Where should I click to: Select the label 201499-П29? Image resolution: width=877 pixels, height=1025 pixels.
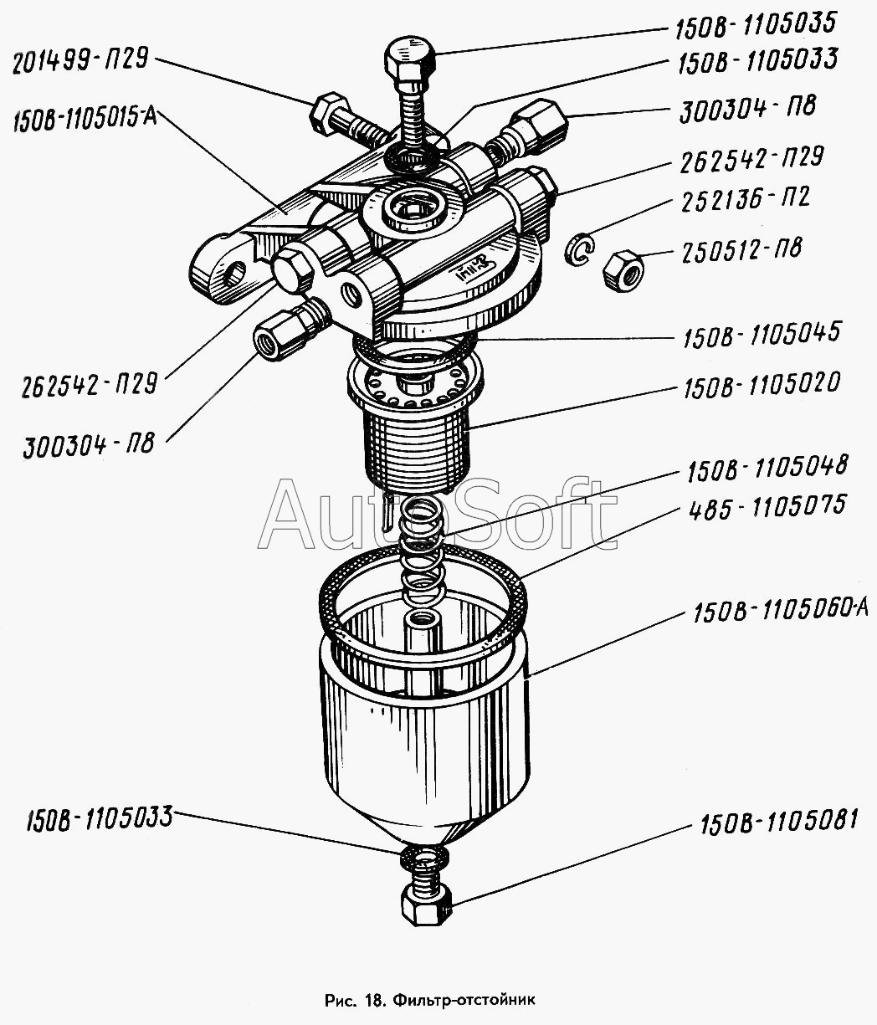tap(80, 61)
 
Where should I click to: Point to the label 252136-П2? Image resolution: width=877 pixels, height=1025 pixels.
tap(745, 199)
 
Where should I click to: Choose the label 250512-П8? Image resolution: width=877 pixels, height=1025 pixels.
tap(741, 251)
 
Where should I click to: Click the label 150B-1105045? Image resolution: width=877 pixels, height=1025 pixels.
tap(762, 335)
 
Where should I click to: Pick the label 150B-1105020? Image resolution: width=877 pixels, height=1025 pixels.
tap(762, 385)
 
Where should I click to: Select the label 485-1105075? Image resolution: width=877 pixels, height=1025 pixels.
tap(767, 507)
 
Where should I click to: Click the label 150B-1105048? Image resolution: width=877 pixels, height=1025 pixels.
tap(767, 468)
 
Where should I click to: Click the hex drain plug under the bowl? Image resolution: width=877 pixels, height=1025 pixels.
tap(425, 907)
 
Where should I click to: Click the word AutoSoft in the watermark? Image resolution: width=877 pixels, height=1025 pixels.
tap(438, 515)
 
